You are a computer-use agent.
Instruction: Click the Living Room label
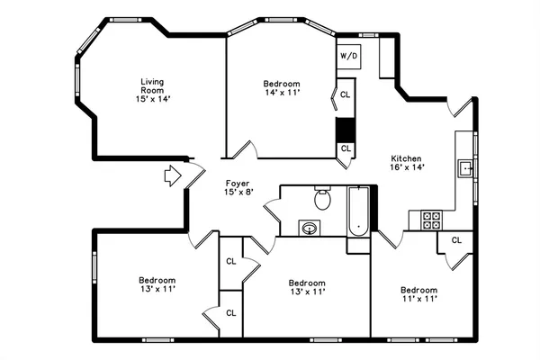coord(152,87)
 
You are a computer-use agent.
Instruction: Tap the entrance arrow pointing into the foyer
coord(172,176)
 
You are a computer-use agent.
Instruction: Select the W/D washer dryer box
coord(348,56)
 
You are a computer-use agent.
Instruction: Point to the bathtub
coord(358,212)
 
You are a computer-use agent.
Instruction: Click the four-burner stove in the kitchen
coord(431,220)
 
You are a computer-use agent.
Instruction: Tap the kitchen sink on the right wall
coord(466,168)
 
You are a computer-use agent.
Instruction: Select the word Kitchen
coord(406,158)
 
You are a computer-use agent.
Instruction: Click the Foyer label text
coord(238,182)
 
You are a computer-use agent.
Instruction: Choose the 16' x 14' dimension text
coord(407,167)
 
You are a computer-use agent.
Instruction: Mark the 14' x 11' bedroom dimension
coord(282,92)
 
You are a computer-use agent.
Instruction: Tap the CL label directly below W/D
coord(346,94)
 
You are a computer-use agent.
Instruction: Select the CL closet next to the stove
coord(456,240)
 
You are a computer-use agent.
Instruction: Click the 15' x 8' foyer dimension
coord(238,192)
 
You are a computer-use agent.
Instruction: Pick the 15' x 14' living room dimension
coord(152,98)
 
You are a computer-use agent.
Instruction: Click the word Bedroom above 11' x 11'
coord(418,290)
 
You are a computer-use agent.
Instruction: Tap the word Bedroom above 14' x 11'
coord(282,82)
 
